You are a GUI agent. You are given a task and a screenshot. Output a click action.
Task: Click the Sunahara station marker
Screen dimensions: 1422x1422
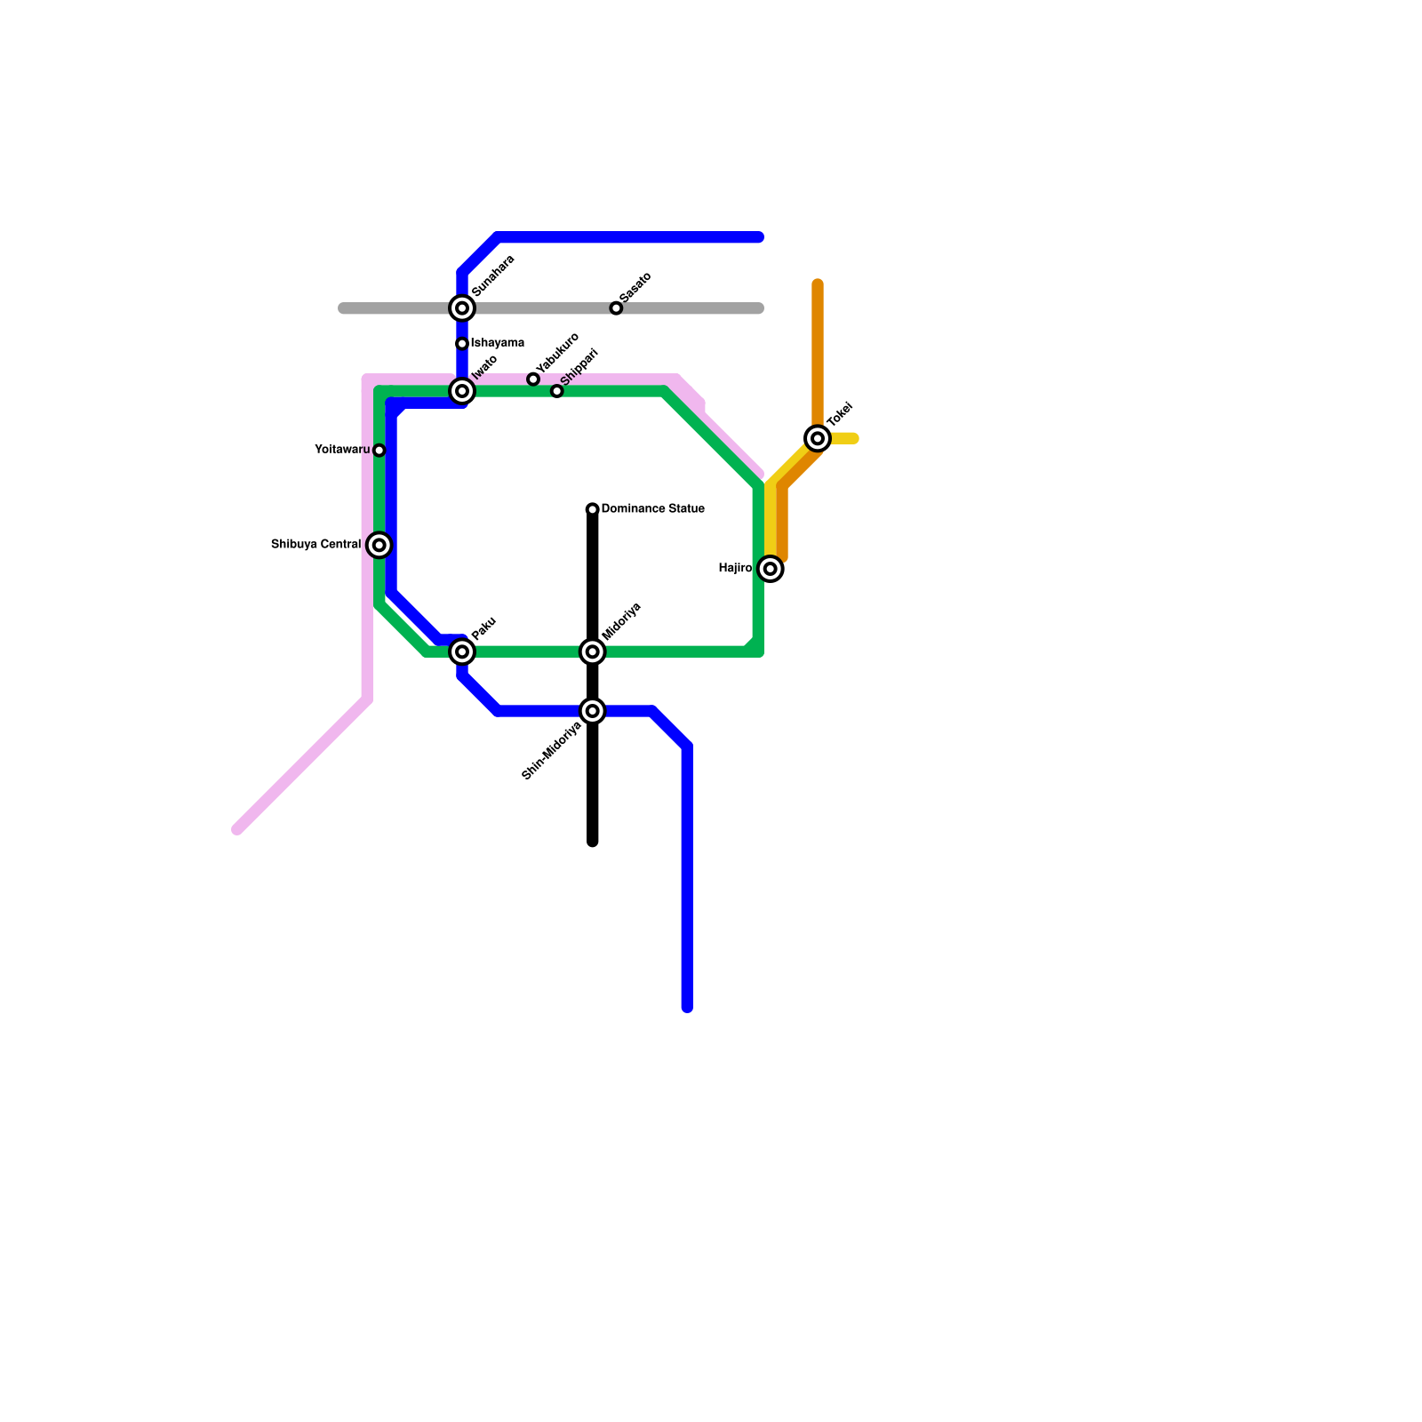(462, 308)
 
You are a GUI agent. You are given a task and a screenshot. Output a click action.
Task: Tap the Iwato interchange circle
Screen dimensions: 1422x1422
(462, 391)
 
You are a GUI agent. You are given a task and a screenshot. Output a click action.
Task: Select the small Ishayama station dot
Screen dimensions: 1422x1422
(462, 344)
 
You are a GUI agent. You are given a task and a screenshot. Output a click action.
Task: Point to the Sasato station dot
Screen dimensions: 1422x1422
(616, 308)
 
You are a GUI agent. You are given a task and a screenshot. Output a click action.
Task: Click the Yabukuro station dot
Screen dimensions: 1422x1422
(533, 379)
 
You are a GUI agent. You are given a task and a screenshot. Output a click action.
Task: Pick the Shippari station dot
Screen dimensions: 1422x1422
(557, 391)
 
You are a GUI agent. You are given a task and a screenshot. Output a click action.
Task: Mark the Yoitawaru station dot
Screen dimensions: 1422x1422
(379, 451)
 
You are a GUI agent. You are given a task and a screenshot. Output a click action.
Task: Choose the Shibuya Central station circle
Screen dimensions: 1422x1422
(379, 545)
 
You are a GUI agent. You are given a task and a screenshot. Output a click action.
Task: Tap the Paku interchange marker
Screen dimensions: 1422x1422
(462, 651)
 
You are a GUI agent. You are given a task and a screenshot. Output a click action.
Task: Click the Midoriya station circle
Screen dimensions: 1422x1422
(593, 651)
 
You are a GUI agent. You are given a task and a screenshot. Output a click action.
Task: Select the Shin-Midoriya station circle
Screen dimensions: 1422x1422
(593, 711)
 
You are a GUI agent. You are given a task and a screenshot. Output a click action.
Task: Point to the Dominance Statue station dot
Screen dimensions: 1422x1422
(593, 509)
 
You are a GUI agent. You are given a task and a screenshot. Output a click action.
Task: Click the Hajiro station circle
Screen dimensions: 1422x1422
(771, 569)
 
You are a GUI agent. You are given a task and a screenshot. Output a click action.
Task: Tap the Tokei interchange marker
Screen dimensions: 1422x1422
(818, 438)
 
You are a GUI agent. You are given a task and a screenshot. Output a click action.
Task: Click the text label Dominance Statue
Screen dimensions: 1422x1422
(653, 509)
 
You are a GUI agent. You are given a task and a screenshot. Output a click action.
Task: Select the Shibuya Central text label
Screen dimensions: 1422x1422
(316, 545)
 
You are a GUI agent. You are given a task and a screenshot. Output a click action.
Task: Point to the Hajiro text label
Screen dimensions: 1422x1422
(735, 569)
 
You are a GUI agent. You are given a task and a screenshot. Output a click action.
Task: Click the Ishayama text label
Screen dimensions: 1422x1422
(498, 344)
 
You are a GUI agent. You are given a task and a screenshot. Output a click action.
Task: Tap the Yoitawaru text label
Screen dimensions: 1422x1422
(342, 451)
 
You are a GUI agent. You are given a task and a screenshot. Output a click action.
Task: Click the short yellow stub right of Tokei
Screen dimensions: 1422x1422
(846, 438)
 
